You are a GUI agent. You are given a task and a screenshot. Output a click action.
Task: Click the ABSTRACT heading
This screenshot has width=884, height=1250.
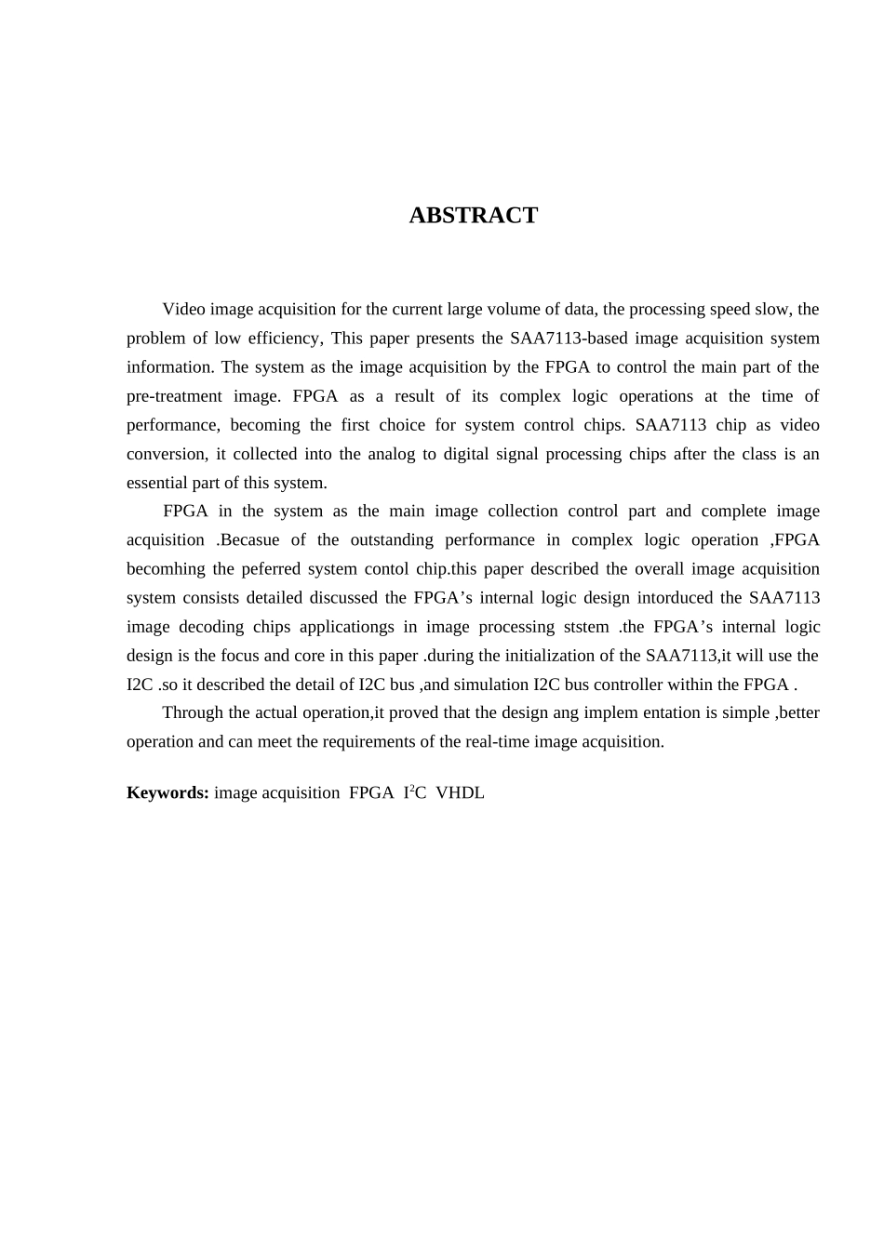tap(473, 216)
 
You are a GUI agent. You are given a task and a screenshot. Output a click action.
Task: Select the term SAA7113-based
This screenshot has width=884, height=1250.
tap(569, 339)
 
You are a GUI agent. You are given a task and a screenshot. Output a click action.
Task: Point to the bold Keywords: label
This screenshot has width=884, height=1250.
tap(167, 793)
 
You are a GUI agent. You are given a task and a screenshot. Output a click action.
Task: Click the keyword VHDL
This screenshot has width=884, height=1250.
tap(460, 793)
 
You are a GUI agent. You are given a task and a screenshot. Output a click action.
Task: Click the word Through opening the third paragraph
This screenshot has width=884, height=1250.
tap(193, 713)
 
